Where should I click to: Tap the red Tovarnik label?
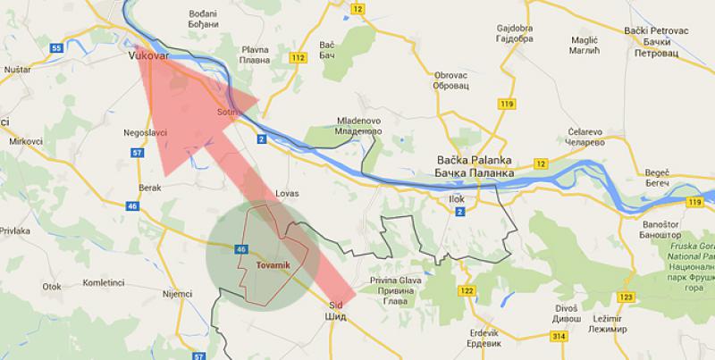[273, 265]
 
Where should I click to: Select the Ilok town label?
[457, 200]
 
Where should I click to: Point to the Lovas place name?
[288, 193]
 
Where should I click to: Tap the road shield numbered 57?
[137, 153]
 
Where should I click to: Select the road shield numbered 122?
[465, 290]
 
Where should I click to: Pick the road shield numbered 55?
[56, 47]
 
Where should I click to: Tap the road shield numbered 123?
[626, 296]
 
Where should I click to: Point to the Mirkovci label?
[19, 142]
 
